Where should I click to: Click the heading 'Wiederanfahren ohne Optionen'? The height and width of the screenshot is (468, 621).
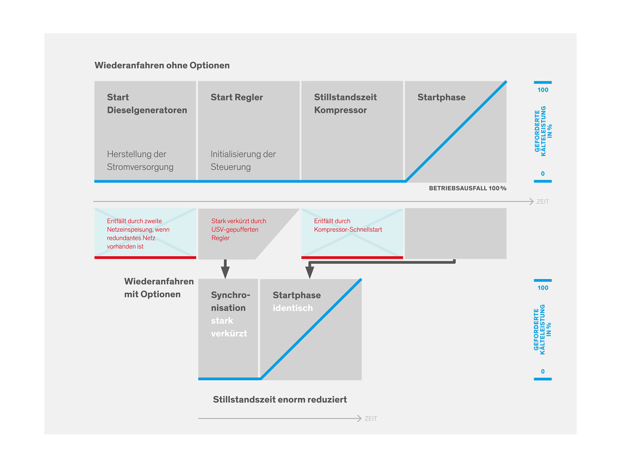pyautogui.click(x=162, y=65)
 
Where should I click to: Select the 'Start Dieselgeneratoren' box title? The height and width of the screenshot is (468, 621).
pyautogui.click(x=147, y=103)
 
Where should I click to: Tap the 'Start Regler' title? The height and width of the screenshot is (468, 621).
pyautogui.click(x=236, y=97)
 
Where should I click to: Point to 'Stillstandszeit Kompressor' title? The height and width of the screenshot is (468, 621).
pyautogui.click(x=345, y=103)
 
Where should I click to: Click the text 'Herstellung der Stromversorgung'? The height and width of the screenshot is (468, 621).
pyautogui.click(x=140, y=160)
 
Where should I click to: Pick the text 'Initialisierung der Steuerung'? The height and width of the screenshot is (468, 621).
pyautogui.click(x=243, y=160)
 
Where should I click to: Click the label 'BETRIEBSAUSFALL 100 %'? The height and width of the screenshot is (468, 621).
pyautogui.click(x=468, y=188)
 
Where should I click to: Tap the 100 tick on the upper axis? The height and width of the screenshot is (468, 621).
pyautogui.click(x=542, y=90)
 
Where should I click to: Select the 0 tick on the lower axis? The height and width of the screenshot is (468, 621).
pyautogui.click(x=542, y=371)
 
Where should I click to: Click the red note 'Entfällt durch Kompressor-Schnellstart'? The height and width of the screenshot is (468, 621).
pyautogui.click(x=348, y=225)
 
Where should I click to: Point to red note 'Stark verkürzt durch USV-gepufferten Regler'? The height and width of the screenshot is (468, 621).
pyautogui.click(x=239, y=229)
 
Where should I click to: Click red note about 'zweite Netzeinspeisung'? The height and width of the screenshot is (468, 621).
pyautogui.click(x=138, y=234)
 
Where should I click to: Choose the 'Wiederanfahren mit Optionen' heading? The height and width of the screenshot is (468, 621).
pyautogui.click(x=159, y=288)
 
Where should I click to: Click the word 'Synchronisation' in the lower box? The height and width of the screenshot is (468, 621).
pyautogui.click(x=230, y=301)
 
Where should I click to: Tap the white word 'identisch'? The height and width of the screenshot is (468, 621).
pyautogui.click(x=292, y=308)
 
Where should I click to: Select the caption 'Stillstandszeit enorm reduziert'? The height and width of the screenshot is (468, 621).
pyautogui.click(x=280, y=400)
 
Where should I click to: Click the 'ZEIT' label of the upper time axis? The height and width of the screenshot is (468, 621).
pyautogui.click(x=542, y=202)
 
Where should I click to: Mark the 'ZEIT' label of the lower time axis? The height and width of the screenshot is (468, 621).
pyautogui.click(x=371, y=418)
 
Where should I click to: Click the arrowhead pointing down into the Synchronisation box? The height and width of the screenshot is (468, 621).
pyautogui.click(x=225, y=272)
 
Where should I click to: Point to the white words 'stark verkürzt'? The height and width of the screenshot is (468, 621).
pyautogui.click(x=229, y=327)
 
